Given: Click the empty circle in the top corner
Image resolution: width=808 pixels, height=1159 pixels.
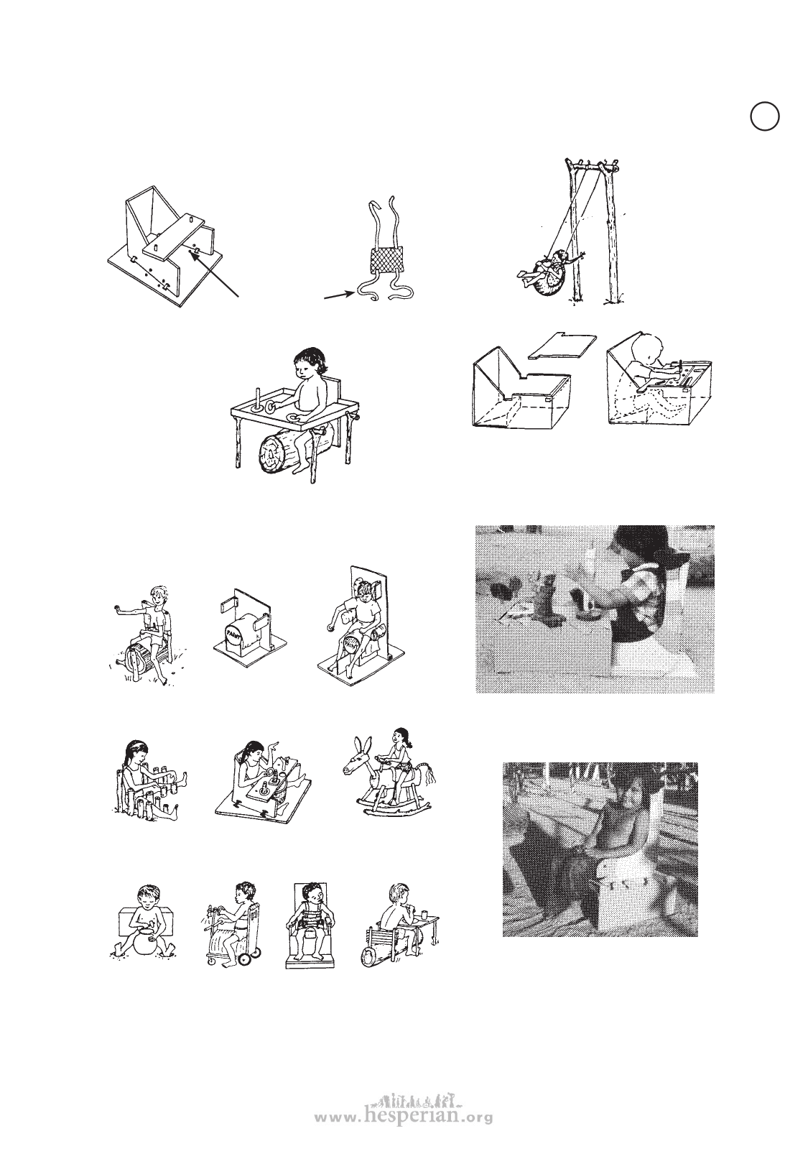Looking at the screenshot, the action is (765, 116).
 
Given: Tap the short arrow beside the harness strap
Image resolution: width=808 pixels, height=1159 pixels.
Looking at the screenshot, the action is (339, 295).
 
